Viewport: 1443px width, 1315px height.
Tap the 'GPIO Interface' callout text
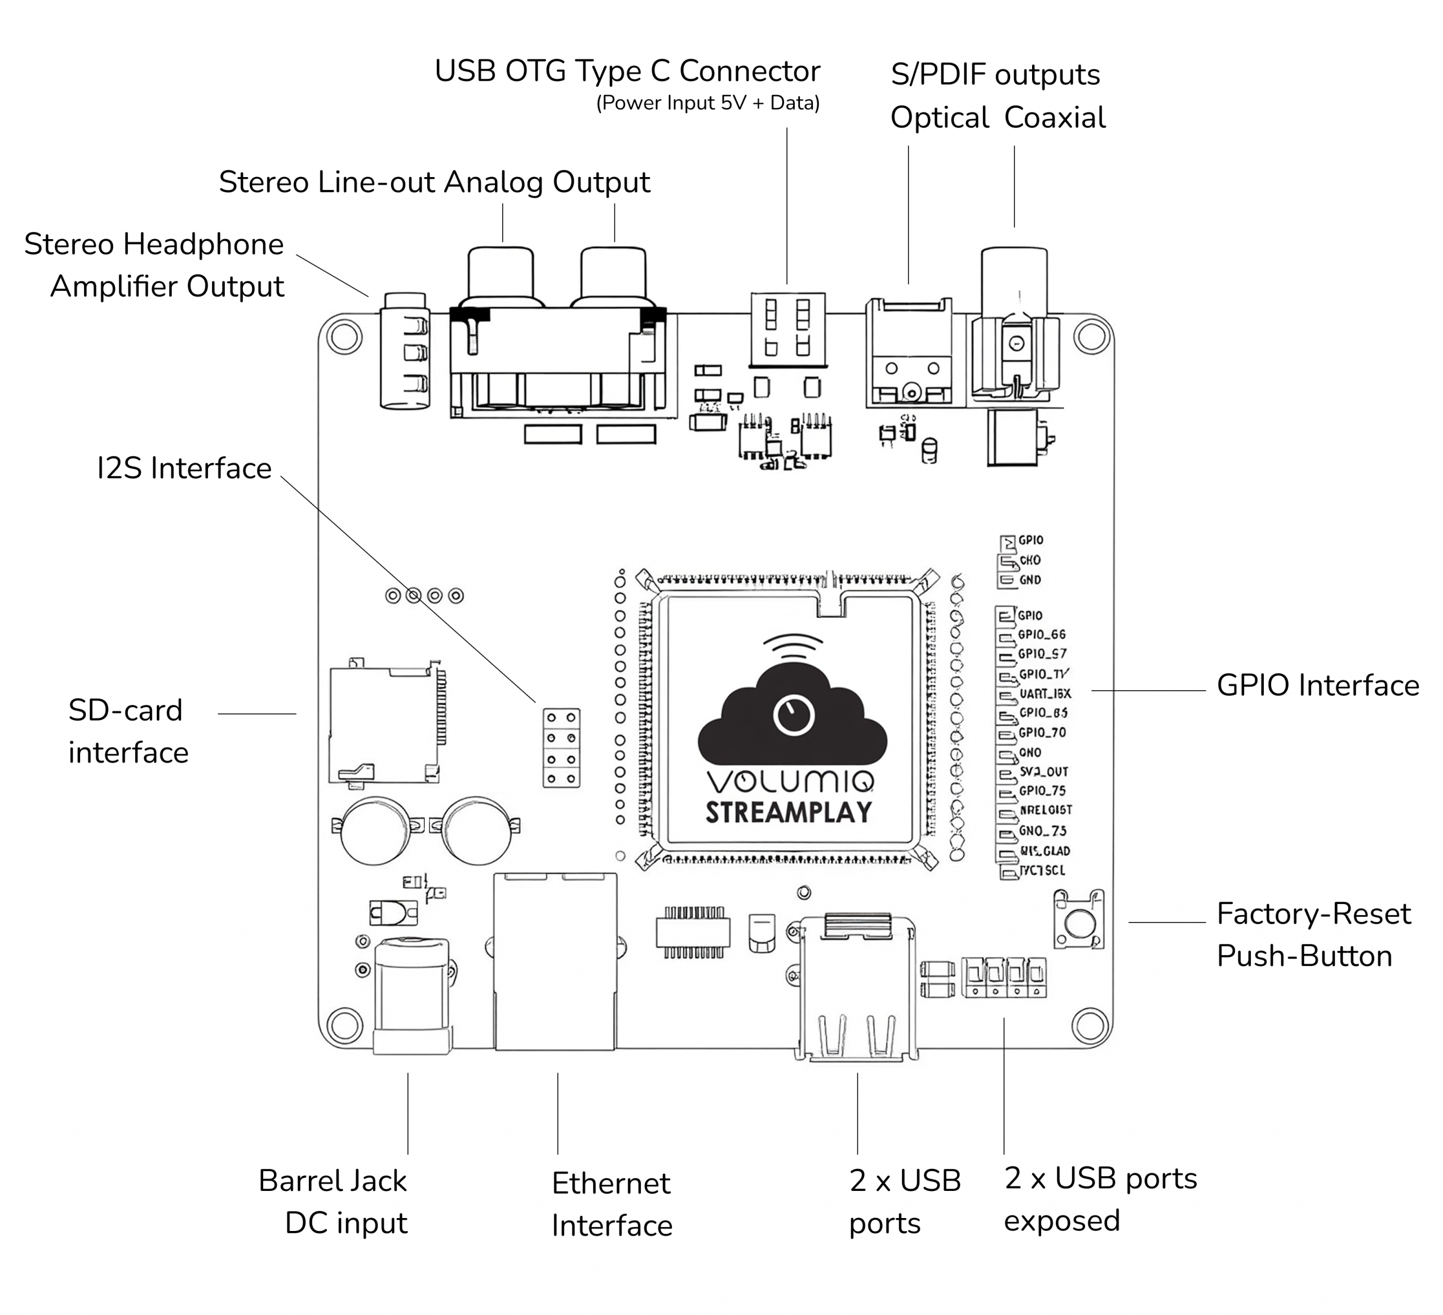coord(1318,686)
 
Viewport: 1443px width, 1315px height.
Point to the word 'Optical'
coord(939,117)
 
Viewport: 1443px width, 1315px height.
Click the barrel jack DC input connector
coord(412,996)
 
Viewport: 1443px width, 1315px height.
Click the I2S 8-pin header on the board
coord(561,748)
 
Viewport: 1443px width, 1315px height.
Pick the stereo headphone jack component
coord(405,351)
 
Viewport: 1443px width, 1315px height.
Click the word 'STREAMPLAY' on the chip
coord(789,812)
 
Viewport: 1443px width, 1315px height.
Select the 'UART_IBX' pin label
coord(1045,694)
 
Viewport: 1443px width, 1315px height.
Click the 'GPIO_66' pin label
coord(1042,634)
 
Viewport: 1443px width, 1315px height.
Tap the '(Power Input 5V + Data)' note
coord(707,103)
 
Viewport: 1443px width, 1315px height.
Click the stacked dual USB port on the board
coord(856,989)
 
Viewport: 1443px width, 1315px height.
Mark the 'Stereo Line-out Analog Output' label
coord(434,182)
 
